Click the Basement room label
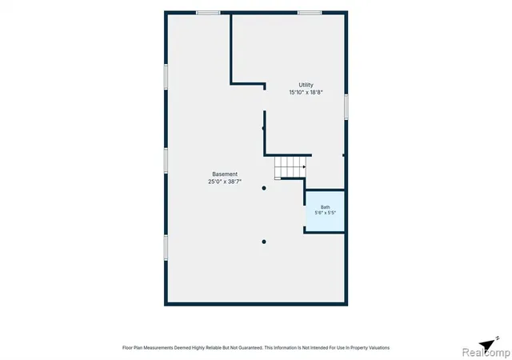225,174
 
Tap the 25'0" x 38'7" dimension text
225,182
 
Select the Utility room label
306,85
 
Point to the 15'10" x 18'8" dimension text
306,93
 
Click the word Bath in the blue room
326,207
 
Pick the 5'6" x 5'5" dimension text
326,213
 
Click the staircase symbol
290,167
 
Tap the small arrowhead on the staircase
304,167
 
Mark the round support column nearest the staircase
264,188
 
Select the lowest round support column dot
264,242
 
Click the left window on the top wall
208,13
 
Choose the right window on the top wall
310,13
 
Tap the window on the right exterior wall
346,107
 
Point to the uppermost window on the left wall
166,77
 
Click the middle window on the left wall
166,161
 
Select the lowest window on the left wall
166,248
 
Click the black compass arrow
487,344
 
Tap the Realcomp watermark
486,353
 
